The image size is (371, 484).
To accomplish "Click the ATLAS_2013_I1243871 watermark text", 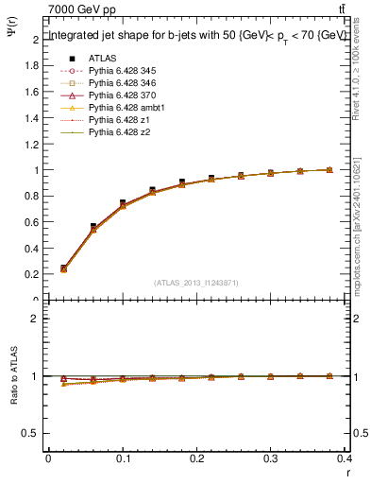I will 194,283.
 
